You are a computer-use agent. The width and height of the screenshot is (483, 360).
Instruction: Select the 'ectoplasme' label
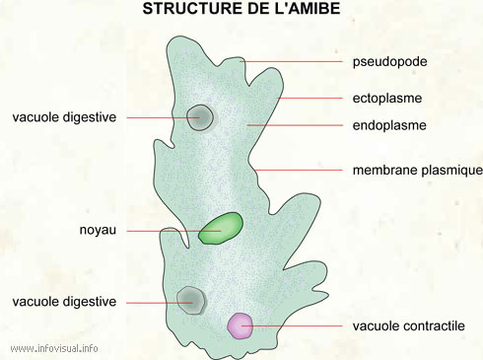point(387,99)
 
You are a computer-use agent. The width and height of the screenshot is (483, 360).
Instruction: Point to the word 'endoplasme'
point(389,125)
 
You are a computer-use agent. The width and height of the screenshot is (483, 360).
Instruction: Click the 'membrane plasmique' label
point(417,170)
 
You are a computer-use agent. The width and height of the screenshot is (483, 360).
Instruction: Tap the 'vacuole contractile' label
point(409,325)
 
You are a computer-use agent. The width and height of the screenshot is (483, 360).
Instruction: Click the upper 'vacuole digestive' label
point(64,117)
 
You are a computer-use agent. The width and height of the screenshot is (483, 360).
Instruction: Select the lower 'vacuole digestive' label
point(64,301)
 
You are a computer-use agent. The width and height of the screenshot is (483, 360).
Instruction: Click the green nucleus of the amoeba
point(221,228)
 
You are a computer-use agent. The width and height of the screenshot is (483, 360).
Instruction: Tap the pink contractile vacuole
point(240,324)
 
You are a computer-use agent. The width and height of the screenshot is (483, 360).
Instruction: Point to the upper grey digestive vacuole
point(200,117)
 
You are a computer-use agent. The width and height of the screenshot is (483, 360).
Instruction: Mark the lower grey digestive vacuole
point(190,299)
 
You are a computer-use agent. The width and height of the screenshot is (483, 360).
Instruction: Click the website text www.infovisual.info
point(54,348)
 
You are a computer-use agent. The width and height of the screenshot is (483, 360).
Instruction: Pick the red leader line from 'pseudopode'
point(296,62)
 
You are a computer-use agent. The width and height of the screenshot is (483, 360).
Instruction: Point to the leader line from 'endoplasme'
point(296,125)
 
